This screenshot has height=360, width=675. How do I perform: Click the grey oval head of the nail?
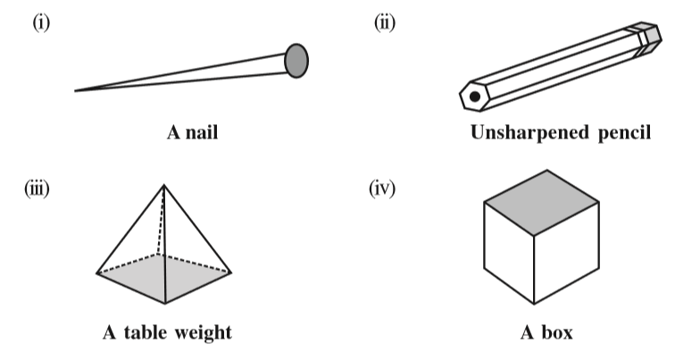(x=296, y=59)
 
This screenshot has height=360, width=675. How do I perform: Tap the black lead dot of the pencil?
(x=476, y=96)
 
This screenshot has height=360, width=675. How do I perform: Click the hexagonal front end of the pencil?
(x=474, y=96)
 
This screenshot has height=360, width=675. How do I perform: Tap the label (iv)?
(x=384, y=188)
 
